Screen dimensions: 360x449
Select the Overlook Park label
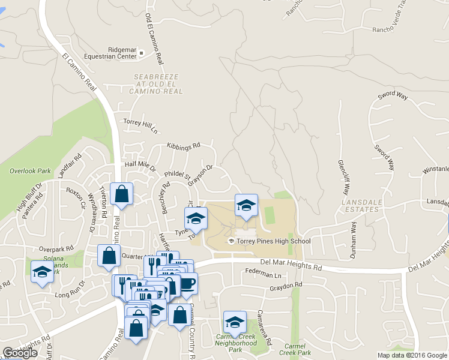pos(30,171)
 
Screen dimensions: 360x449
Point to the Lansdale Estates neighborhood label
pos(361,206)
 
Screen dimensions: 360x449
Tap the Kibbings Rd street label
pos(183,146)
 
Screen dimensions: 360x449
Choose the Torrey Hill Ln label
pos(140,125)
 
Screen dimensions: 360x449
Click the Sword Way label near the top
pos(393,96)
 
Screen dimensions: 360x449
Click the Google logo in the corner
pos(20,353)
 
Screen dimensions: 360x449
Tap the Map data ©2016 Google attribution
pos(412,355)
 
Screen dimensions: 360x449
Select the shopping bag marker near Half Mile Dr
pos(122,194)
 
